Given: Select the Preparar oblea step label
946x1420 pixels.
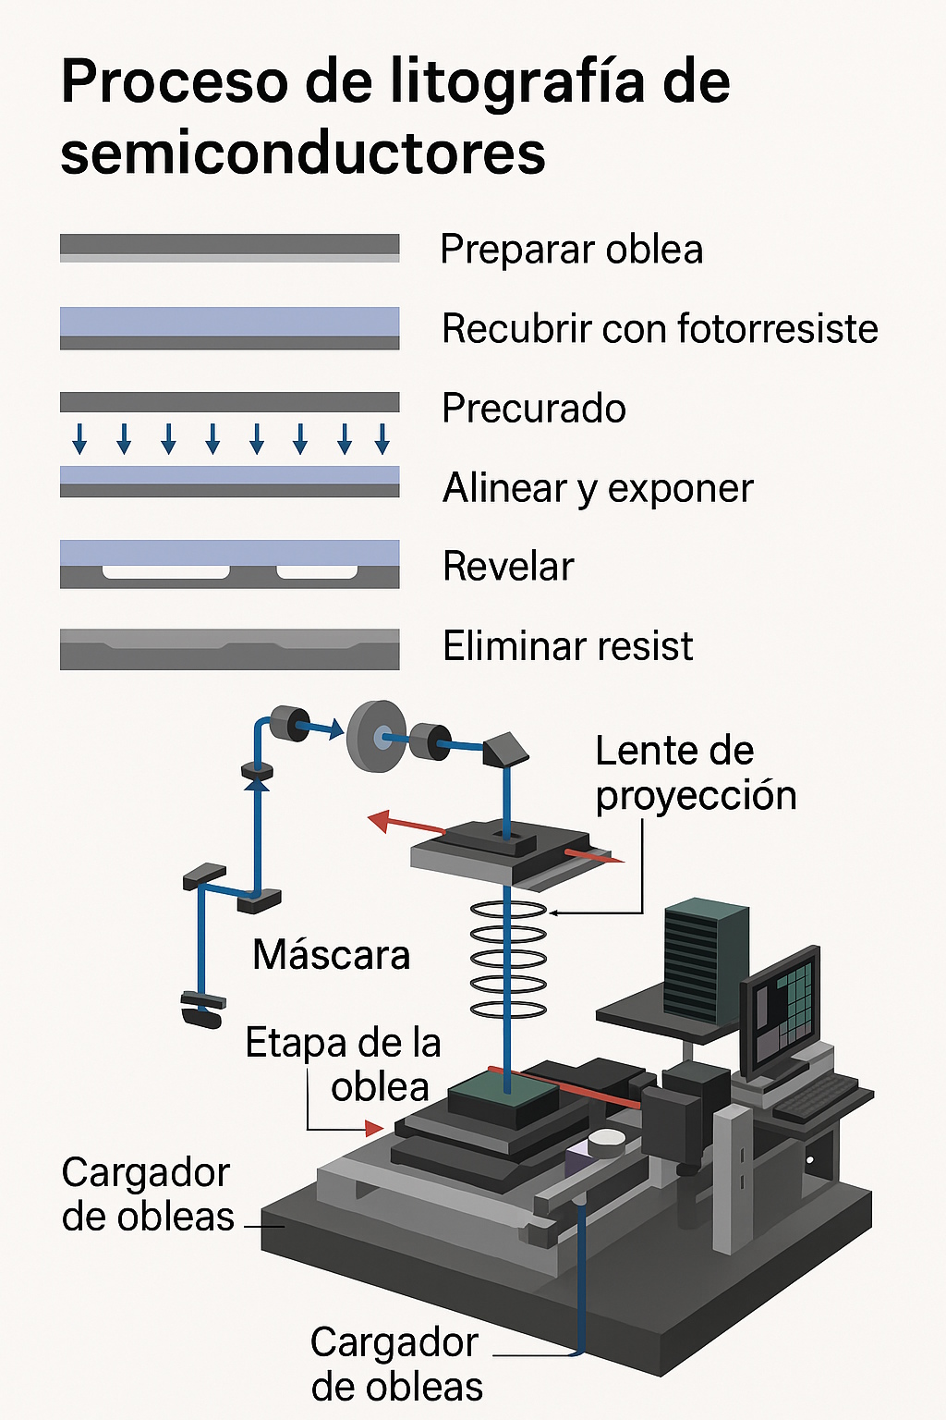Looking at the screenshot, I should pyautogui.click(x=571, y=250).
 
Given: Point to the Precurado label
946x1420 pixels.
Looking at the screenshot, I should pyautogui.click(x=534, y=409).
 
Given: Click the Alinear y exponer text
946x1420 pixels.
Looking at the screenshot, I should pyautogui.click(x=598, y=488).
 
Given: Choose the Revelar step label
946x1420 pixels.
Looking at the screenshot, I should pyautogui.click(x=508, y=567).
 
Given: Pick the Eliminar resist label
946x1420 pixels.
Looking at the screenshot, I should pyautogui.click(x=567, y=646).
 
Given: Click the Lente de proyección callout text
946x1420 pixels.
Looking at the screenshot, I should pyautogui.click(x=695, y=773).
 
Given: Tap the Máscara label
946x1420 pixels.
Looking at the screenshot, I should pyautogui.click(x=331, y=955).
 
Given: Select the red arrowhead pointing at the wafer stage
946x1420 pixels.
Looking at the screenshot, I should pyautogui.click(x=374, y=1129).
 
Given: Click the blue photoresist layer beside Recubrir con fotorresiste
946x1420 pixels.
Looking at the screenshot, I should pyautogui.click(x=229, y=321).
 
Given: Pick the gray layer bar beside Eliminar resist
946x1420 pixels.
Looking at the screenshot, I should pyautogui.click(x=229, y=650).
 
